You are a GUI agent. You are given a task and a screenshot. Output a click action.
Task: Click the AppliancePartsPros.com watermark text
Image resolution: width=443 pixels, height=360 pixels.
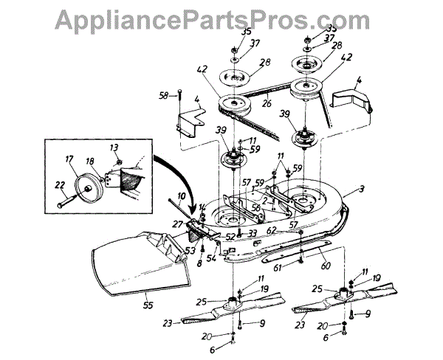pos(221,16)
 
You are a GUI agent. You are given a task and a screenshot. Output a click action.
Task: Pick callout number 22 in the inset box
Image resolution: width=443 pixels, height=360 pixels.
pos(60,185)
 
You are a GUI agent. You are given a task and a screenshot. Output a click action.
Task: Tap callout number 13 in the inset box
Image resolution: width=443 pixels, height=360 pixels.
pos(114,148)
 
